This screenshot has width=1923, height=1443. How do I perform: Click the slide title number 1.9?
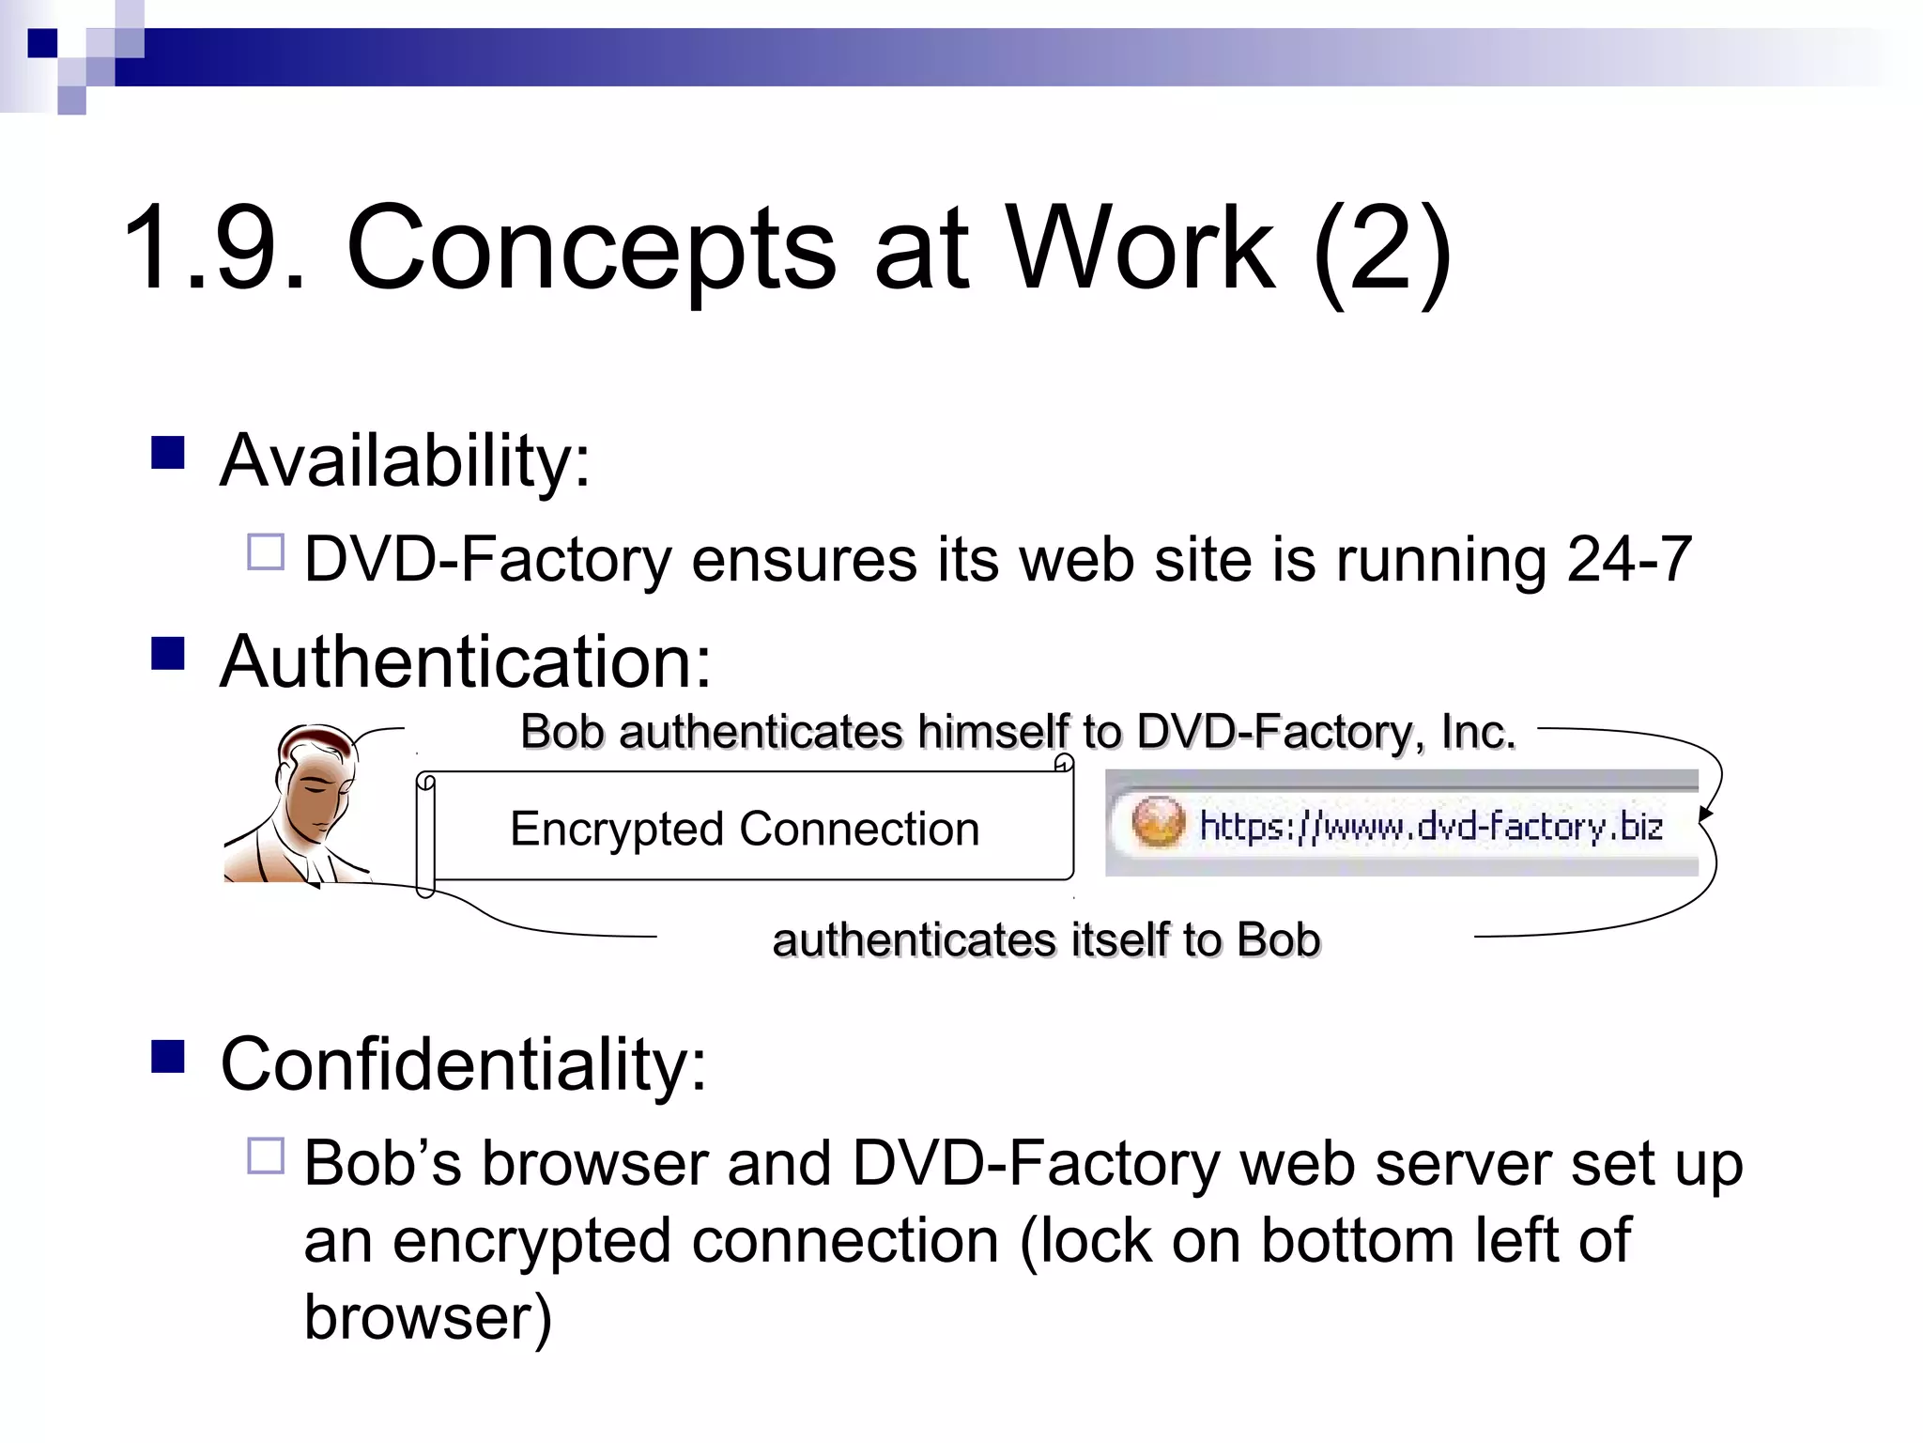214,249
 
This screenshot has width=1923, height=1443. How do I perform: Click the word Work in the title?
1141,249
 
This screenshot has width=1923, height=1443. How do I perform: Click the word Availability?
405,461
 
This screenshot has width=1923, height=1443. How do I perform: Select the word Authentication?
466,662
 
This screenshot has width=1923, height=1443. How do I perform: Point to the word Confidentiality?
463,1064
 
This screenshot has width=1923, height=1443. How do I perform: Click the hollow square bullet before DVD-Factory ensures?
266,552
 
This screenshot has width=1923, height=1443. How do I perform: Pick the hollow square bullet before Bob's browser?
266,1156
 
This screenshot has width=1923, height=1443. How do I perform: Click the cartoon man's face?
315,789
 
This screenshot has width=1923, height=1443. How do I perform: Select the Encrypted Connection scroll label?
745,829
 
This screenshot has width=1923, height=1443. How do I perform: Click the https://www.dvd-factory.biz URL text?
1431,826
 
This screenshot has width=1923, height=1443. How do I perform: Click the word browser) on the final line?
428,1318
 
